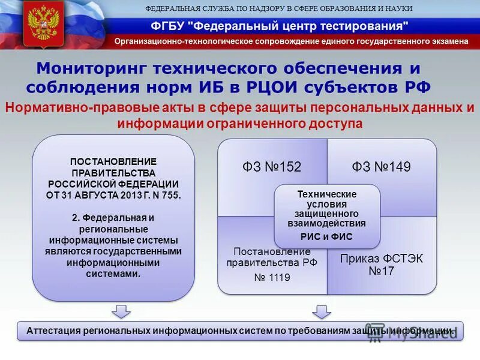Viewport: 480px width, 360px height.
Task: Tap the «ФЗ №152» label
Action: (x=272, y=167)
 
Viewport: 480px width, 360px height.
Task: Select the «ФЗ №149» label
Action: (x=381, y=167)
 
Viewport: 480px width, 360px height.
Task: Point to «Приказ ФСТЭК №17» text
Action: (x=382, y=265)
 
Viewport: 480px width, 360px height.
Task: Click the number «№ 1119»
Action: (x=272, y=278)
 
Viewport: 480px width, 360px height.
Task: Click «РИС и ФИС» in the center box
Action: (x=326, y=236)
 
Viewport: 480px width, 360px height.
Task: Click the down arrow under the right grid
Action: (x=322, y=311)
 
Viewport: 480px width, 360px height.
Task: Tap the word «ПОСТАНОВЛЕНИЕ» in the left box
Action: (x=113, y=161)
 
